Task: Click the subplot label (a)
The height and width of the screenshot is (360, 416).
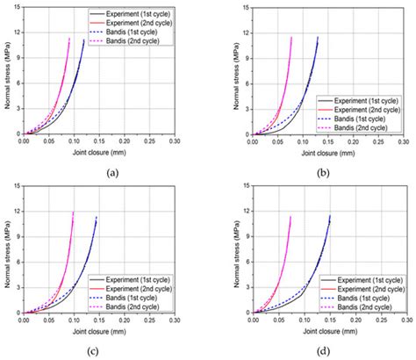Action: coord(111,173)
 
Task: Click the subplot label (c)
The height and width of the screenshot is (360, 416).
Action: coord(111,351)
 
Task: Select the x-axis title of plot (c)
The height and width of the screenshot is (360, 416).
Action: coord(98,328)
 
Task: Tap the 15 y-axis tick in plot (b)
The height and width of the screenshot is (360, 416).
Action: coord(245,7)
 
